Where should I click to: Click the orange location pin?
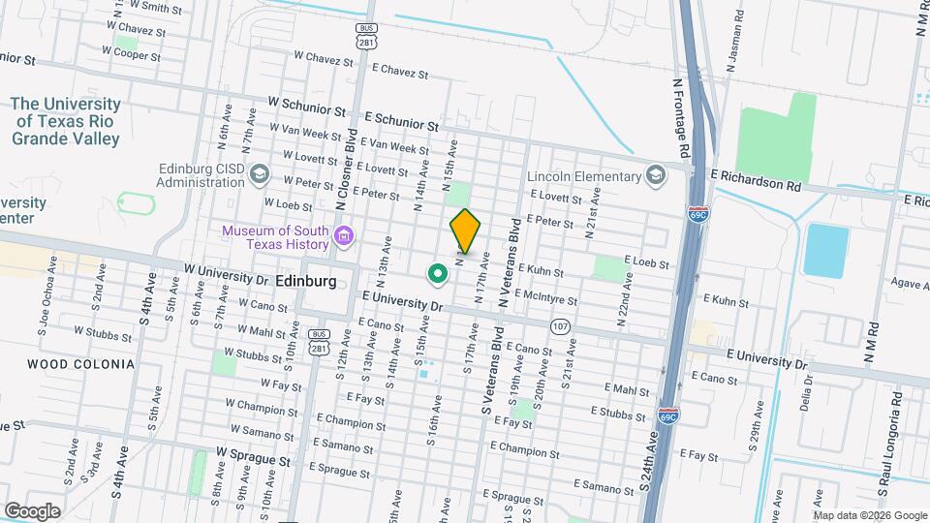[x=465, y=230]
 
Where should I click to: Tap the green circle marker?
[x=438, y=274]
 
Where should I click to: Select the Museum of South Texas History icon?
[x=342, y=235]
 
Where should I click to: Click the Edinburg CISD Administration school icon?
[x=259, y=174]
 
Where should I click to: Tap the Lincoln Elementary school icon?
[x=656, y=175]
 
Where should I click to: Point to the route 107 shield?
[x=560, y=326]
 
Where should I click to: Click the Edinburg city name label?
[x=305, y=281]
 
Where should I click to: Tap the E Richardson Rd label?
[x=757, y=179]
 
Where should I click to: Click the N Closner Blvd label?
[x=347, y=169]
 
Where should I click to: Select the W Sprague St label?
[x=253, y=452]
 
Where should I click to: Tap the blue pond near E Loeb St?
[x=824, y=250]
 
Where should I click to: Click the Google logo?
[x=32, y=510]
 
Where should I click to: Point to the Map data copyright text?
[x=870, y=515]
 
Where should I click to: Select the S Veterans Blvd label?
[x=492, y=378]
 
